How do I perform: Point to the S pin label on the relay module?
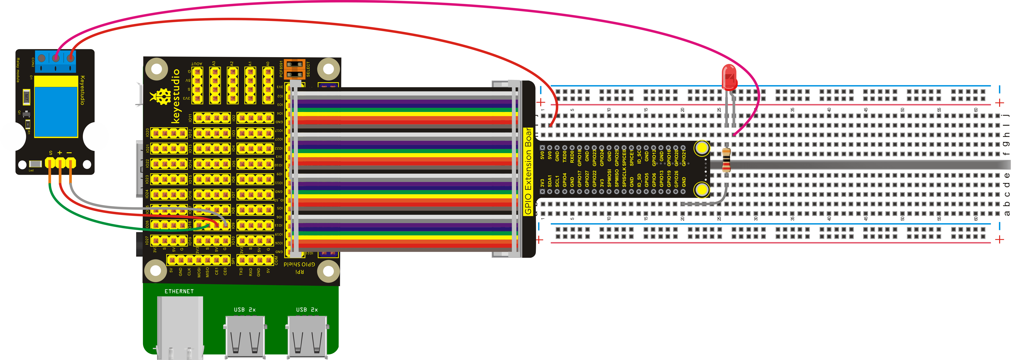[51, 152]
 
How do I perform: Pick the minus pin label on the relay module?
[70, 152]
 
